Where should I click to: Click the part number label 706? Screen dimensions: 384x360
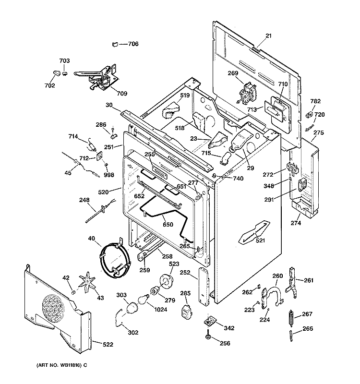pos(132,44)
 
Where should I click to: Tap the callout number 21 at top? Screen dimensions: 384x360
pos(268,36)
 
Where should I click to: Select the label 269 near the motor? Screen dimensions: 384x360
pos(233,73)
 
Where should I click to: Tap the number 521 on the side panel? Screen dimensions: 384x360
pos(260,240)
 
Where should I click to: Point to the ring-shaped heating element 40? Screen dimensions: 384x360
pos(114,260)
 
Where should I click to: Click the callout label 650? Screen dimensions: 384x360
pos(168,224)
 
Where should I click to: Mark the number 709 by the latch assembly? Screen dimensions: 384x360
pos(122,94)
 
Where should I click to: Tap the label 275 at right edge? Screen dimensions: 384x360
pos(319,133)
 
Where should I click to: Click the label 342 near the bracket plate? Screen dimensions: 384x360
pos(229,328)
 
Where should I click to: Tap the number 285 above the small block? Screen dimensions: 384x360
pos(185,293)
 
